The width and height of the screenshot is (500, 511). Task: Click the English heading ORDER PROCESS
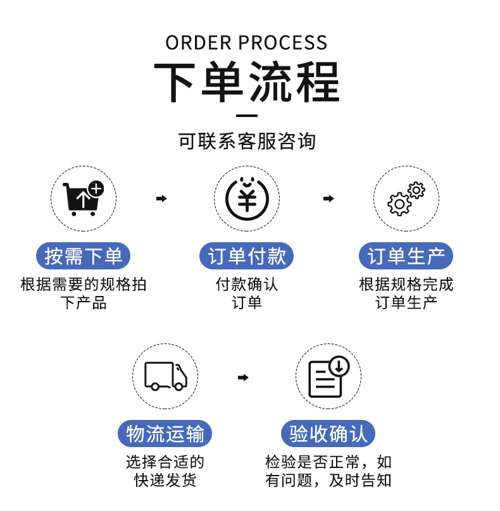[x=247, y=42]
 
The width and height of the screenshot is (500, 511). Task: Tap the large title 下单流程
[x=247, y=82]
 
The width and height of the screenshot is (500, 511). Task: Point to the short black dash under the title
[x=246, y=116]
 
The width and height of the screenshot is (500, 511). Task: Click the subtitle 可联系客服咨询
[x=247, y=141]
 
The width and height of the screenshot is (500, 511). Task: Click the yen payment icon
[x=246, y=198]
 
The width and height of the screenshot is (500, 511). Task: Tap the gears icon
[x=405, y=198]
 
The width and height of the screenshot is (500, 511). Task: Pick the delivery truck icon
[x=165, y=376]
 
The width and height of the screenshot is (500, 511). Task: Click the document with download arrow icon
[x=327, y=378]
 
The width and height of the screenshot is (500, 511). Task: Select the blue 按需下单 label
[x=84, y=256]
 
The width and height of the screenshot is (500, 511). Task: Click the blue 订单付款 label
[x=247, y=256]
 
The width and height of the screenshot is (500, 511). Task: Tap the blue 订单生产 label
[x=406, y=256]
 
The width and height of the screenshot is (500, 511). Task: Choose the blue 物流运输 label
[x=165, y=434]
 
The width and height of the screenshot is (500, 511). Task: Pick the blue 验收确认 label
[x=328, y=434]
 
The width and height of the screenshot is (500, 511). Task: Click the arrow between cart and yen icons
[x=161, y=199]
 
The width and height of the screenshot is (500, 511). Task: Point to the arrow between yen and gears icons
[x=328, y=199]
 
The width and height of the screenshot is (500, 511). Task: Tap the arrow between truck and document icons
[x=243, y=378]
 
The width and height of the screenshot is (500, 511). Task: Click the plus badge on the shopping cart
[x=96, y=188]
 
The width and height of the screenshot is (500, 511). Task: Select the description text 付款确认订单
[x=247, y=293]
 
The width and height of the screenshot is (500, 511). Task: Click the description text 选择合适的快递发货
[x=165, y=471]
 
